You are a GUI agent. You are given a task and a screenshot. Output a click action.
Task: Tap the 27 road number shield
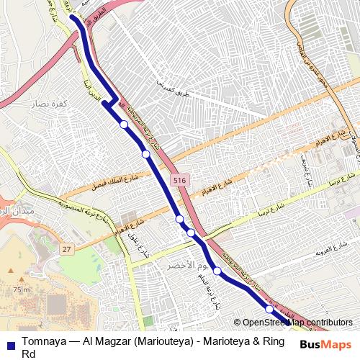tap(67, 248)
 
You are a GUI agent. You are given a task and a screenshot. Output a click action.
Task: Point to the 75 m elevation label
tap(21, 289)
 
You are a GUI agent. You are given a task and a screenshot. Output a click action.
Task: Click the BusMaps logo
tap(325, 345)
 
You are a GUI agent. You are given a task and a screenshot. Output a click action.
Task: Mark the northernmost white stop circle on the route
tap(124, 125)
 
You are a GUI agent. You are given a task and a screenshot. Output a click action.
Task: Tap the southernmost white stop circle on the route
tap(269, 309)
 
